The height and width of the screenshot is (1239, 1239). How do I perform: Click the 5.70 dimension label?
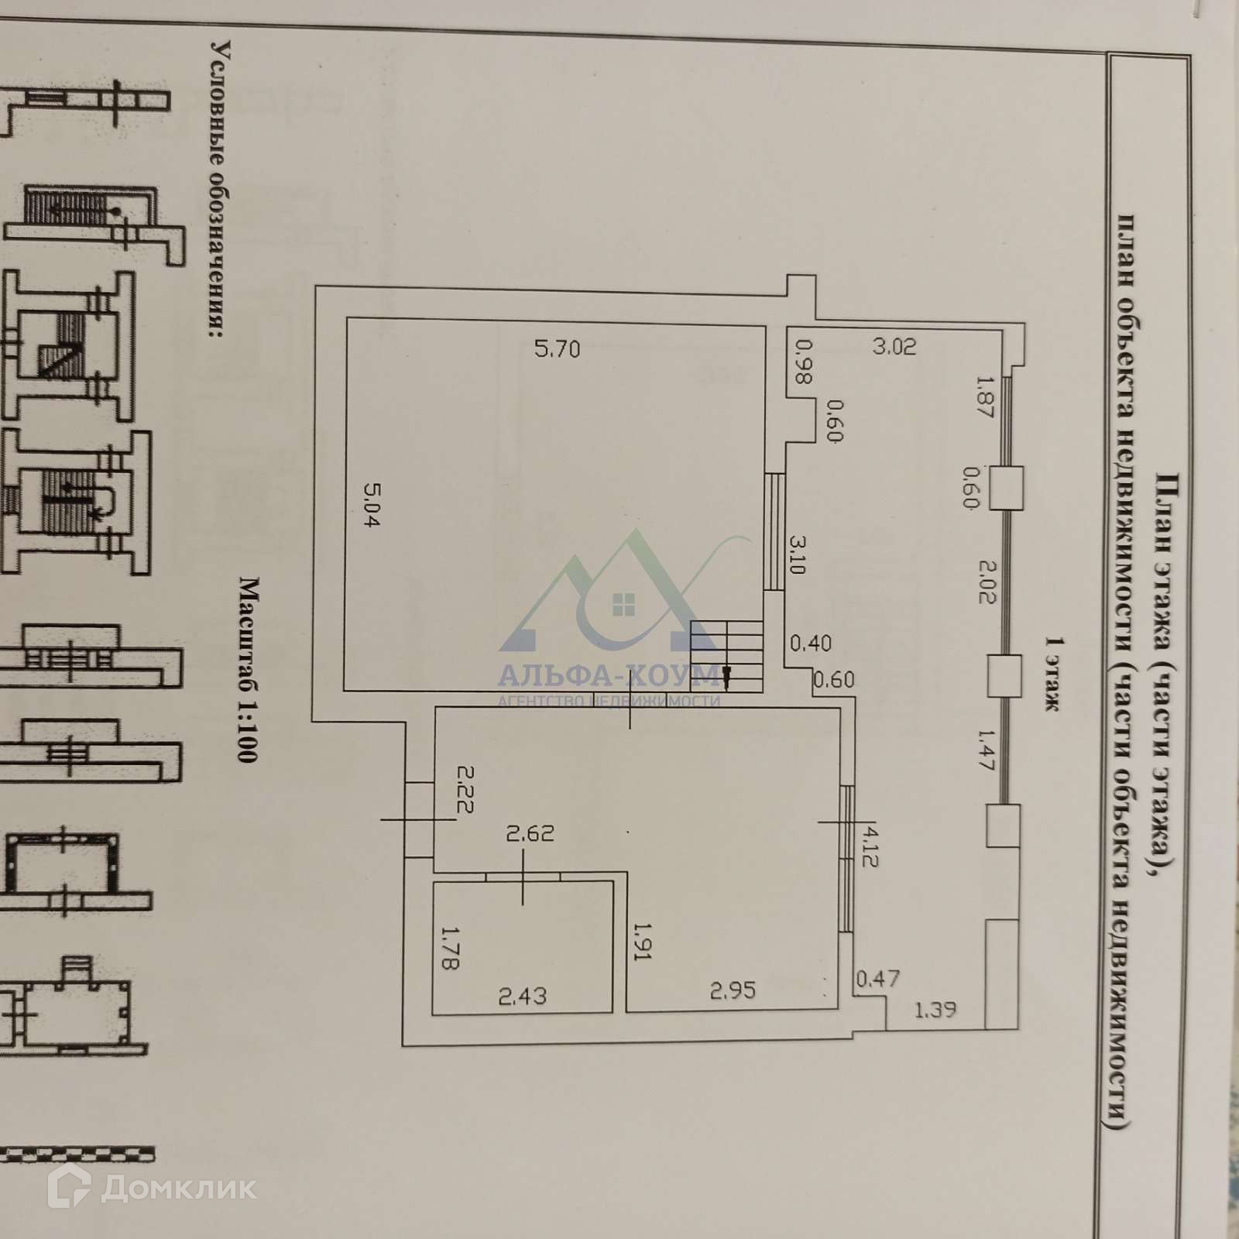557,349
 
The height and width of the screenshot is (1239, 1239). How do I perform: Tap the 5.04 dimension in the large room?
371,504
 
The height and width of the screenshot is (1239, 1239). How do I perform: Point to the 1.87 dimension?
983,397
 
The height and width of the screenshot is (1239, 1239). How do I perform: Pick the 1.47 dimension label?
985,750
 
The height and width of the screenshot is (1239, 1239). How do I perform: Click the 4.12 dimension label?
870,846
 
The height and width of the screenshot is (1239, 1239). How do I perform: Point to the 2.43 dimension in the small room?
522,995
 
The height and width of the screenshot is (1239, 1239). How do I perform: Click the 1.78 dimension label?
450,948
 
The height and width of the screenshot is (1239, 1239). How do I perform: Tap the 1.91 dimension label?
643,940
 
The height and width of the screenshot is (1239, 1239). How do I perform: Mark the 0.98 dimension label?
803,362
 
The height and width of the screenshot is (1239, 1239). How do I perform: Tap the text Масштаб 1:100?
247,669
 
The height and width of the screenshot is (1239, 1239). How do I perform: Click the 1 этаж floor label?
1052,674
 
